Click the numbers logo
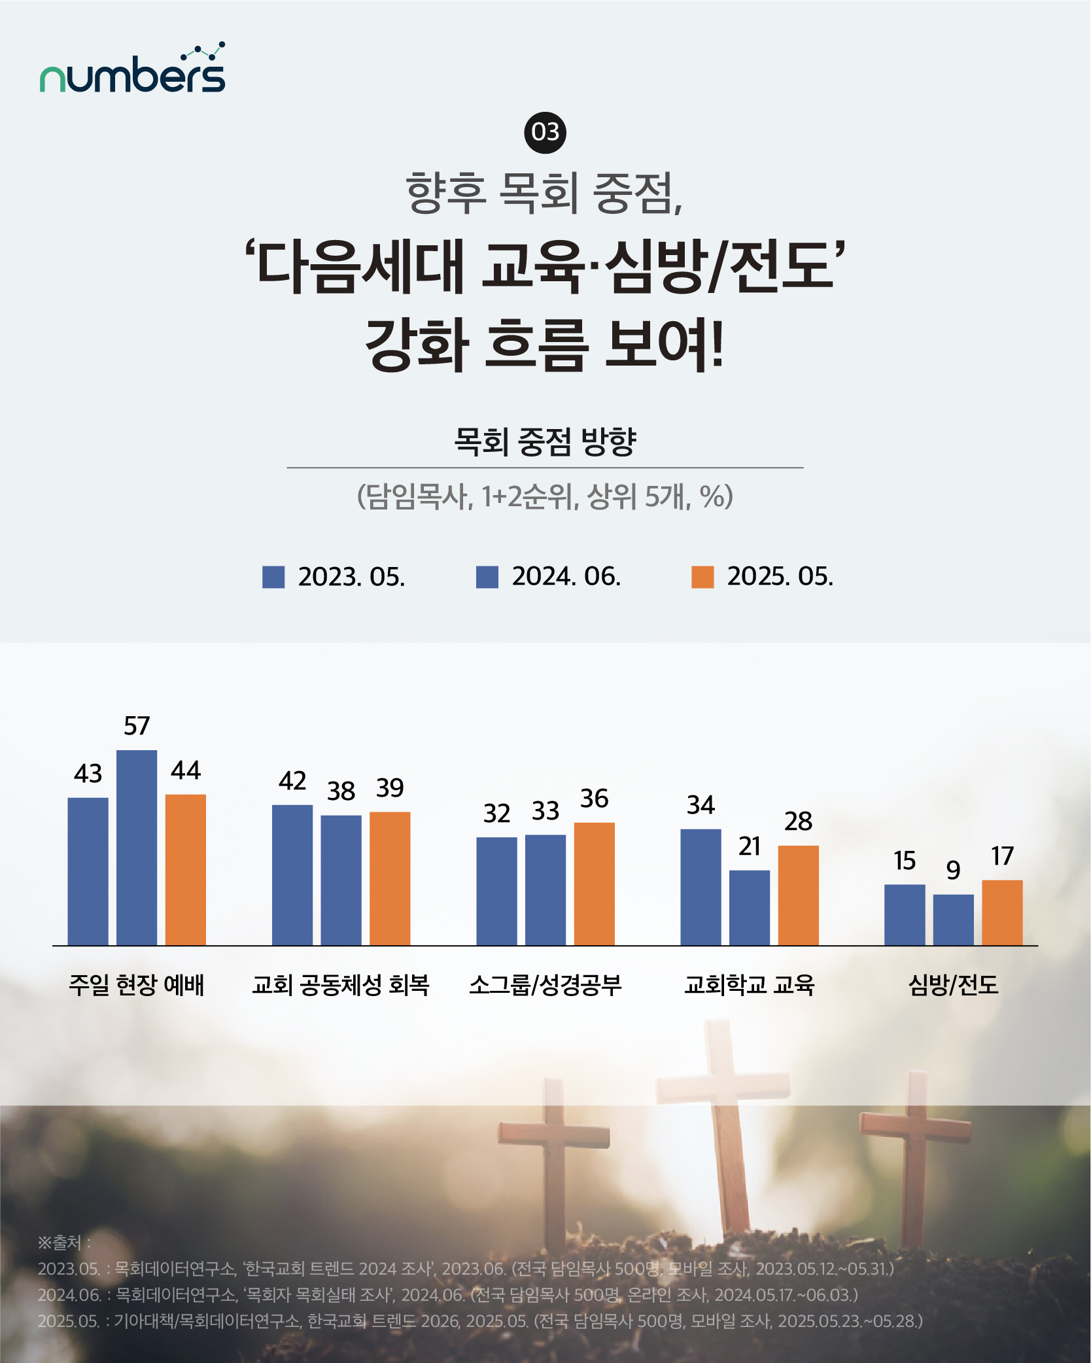133,69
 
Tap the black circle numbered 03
545,132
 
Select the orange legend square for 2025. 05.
702,577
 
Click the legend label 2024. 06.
566,577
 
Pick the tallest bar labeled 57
137,847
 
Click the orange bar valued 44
186,870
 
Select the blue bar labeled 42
292,875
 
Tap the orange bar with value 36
594,884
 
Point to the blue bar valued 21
750,907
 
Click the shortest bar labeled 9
953,920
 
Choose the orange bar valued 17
1002,912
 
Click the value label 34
701,805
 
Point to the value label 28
798,821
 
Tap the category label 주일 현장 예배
137,984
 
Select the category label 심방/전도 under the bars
953,984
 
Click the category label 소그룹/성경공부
545,984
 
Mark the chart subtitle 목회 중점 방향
545,441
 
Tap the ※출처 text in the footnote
63,1242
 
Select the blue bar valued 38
341,880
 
